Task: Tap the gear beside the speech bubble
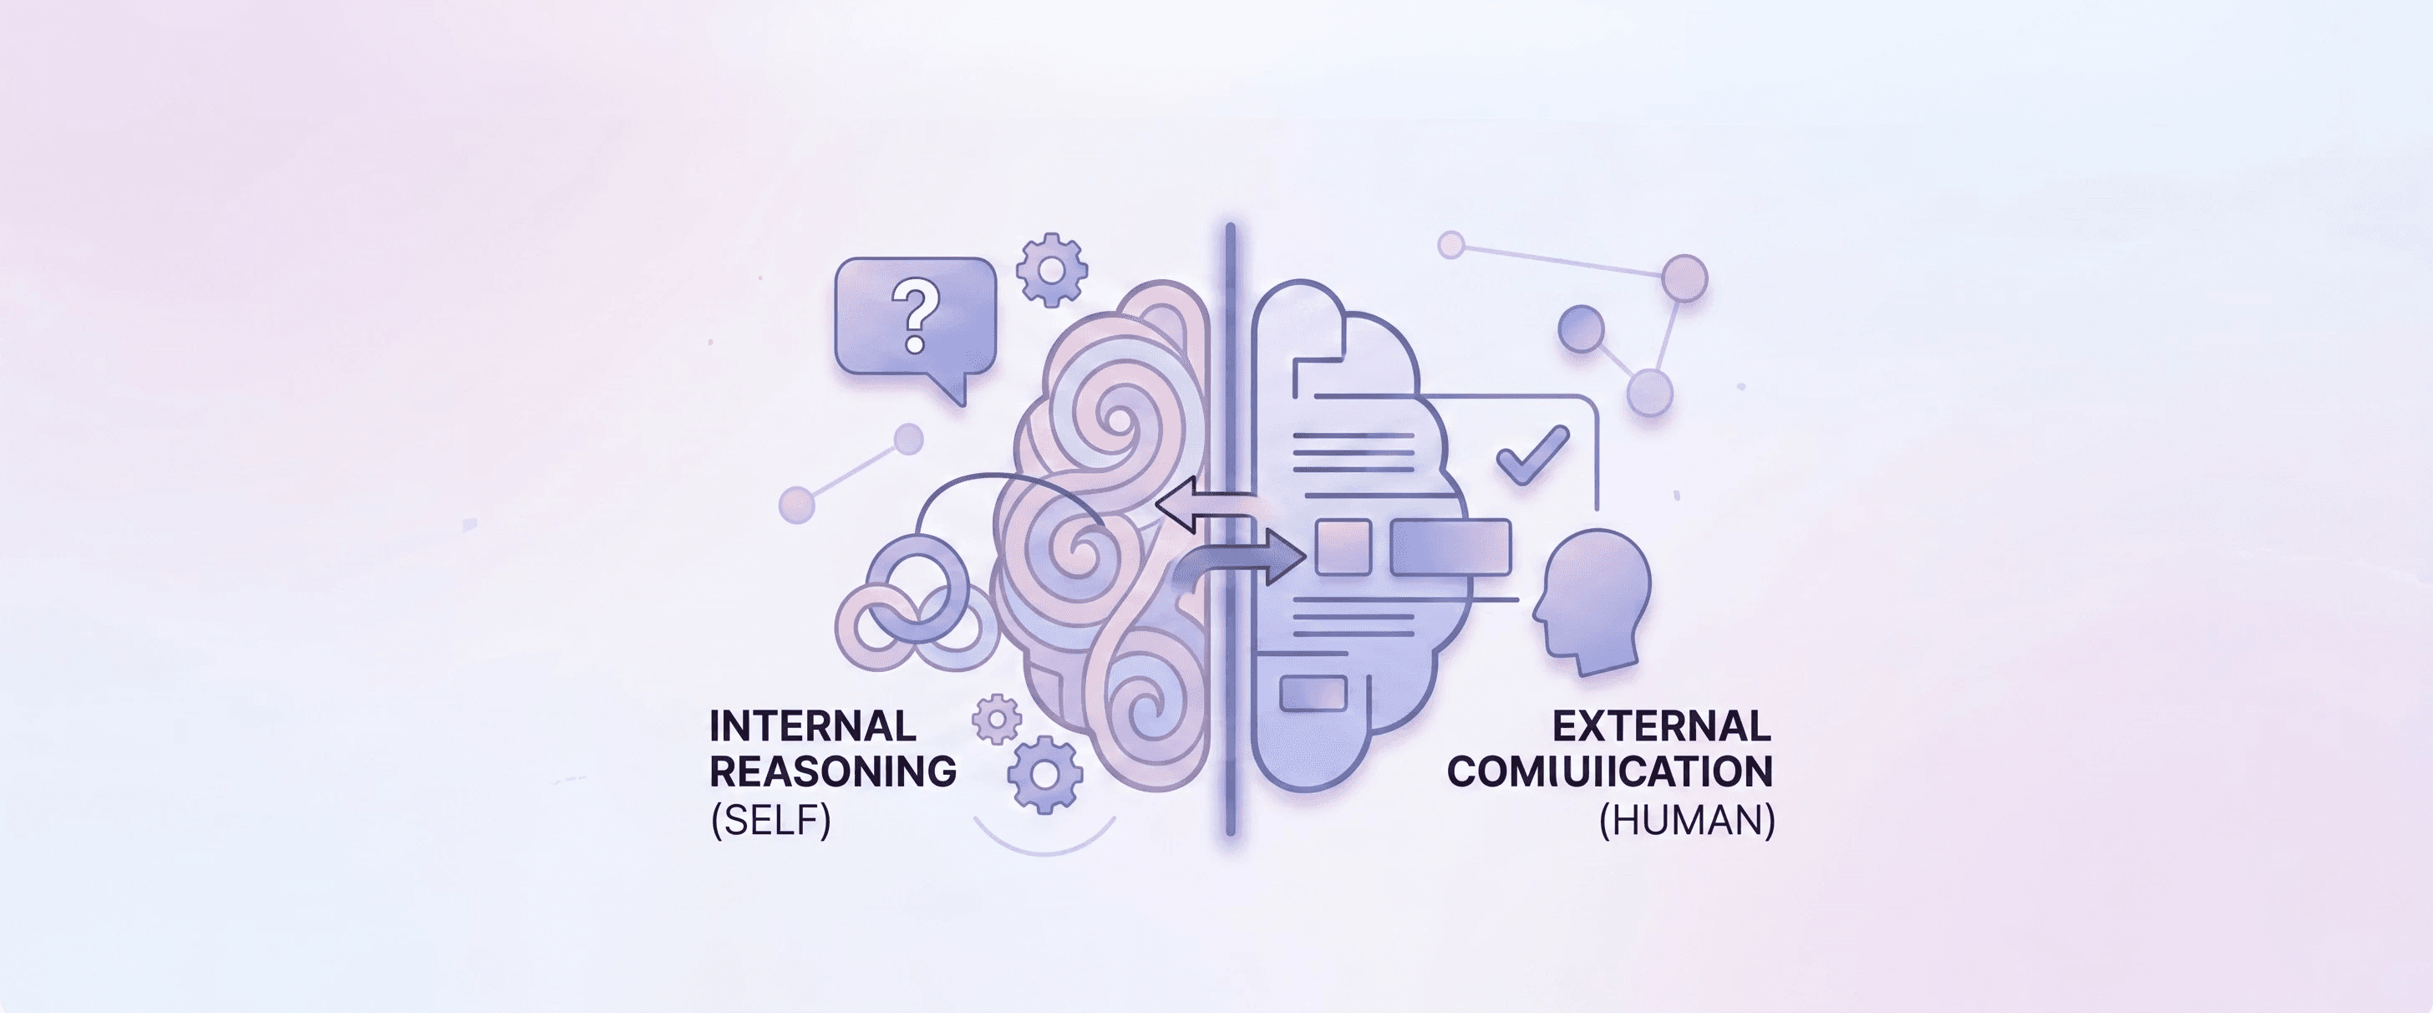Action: (1051, 270)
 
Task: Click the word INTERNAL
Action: (812, 725)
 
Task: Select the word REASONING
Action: (833, 771)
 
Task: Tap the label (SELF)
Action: (770, 819)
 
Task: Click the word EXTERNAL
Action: (1661, 725)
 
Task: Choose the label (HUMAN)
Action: (1687, 819)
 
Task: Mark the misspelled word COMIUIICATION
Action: (1609, 771)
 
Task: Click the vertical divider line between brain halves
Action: (1230, 529)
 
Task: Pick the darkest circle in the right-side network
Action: (1581, 328)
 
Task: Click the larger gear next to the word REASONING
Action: (1044, 773)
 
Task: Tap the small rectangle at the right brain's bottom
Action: (1312, 694)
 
